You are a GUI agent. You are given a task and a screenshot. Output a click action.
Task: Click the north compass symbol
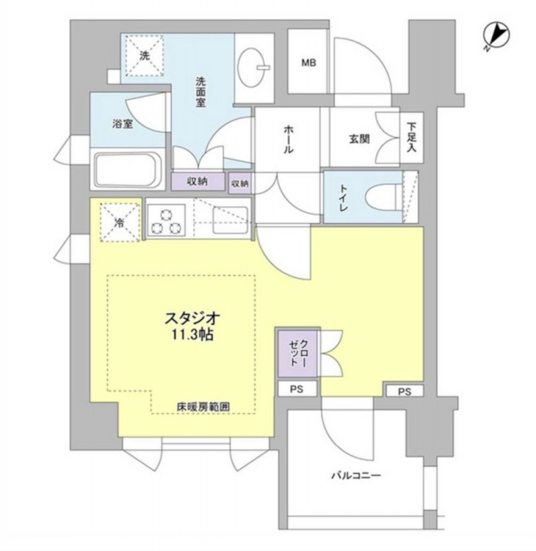(x=496, y=36)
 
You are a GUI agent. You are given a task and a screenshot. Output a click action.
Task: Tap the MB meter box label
(x=308, y=63)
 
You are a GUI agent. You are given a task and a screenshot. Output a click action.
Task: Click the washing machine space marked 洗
(x=145, y=55)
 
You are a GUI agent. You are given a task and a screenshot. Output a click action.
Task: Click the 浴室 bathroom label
(x=123, y=124)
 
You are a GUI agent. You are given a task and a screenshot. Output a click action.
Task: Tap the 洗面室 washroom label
(x=200, y=92)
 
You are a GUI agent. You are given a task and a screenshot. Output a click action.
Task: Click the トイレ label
(x=343, y=198)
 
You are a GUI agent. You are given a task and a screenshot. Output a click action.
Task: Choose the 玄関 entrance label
(x=359, y=139)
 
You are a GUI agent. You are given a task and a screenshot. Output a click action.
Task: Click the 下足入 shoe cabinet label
(x=411, y=136)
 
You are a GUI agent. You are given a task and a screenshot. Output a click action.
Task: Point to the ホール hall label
(x=288, y=140)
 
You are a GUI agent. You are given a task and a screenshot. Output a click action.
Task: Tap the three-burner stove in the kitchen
(x=165, y=220)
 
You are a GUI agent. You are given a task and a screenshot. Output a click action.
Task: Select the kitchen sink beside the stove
(x=231, y=220)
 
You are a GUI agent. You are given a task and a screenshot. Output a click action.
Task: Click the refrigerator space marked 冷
(x=119, y=222)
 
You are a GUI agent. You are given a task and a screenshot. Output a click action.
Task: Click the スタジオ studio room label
(x=192, y=318)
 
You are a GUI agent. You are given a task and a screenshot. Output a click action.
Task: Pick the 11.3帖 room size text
(x=192, y=335)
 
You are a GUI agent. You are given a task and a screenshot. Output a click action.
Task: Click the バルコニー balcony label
(x=355, y=476)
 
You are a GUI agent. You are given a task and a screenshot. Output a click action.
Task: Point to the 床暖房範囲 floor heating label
(x=203, y=406)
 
